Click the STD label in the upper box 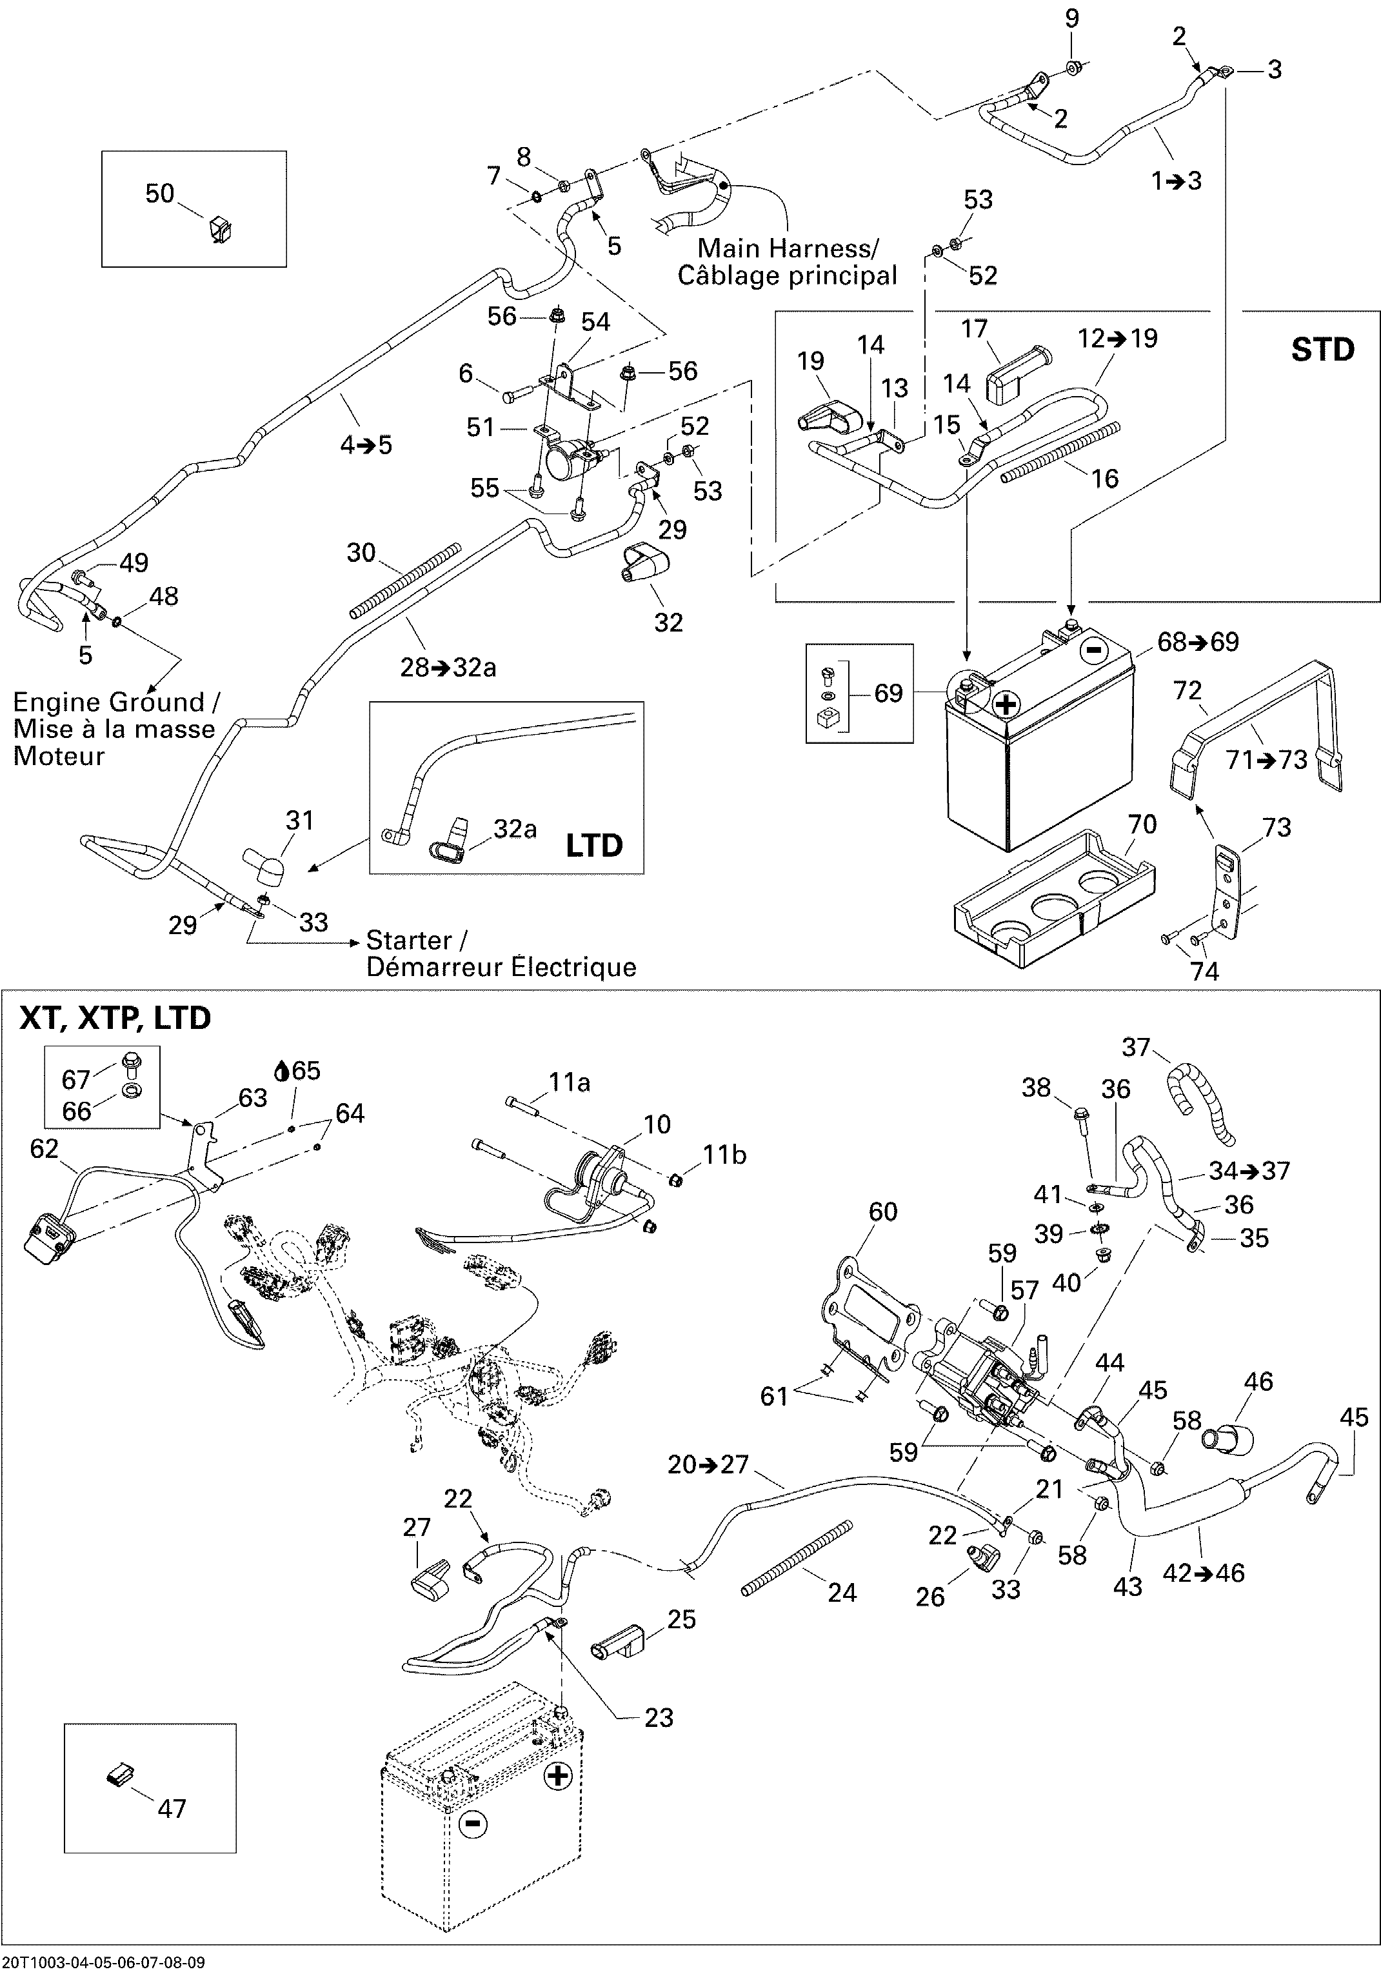1322,350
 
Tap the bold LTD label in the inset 593,845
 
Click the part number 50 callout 160,194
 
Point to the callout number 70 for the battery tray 1142,824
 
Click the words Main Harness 787,248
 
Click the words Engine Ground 108,703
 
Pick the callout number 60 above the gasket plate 882,1211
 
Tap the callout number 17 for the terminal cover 974,328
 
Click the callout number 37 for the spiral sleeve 1136,1046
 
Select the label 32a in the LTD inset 514,829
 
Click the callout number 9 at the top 1071,19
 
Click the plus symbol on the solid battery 1005,705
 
